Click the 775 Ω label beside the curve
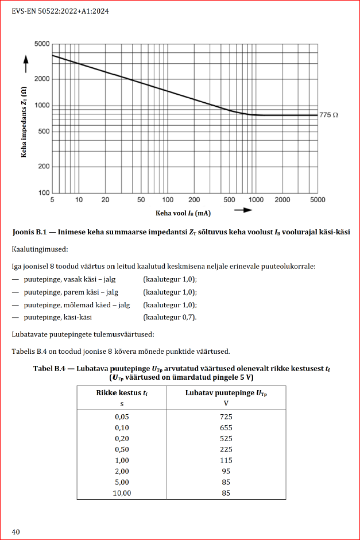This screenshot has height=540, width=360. point(329,115)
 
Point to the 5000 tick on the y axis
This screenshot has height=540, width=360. point(42,44)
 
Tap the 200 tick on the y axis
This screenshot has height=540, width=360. point(44,167)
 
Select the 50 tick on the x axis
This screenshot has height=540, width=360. point(141,200)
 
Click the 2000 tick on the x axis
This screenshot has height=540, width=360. point(282,200)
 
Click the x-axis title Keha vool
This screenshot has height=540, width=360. point(181,213)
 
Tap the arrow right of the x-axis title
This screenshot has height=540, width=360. point(243,210)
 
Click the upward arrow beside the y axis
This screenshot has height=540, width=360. point(24,60)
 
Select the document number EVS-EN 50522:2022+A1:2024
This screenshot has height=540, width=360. point(61,10)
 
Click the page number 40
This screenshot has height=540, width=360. point(16,531)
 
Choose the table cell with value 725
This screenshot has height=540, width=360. point(226,416)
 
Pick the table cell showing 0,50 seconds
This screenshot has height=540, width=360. point(121,449)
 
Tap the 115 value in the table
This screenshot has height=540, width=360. point(226,460)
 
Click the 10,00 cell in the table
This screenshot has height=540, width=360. point(121,493)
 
